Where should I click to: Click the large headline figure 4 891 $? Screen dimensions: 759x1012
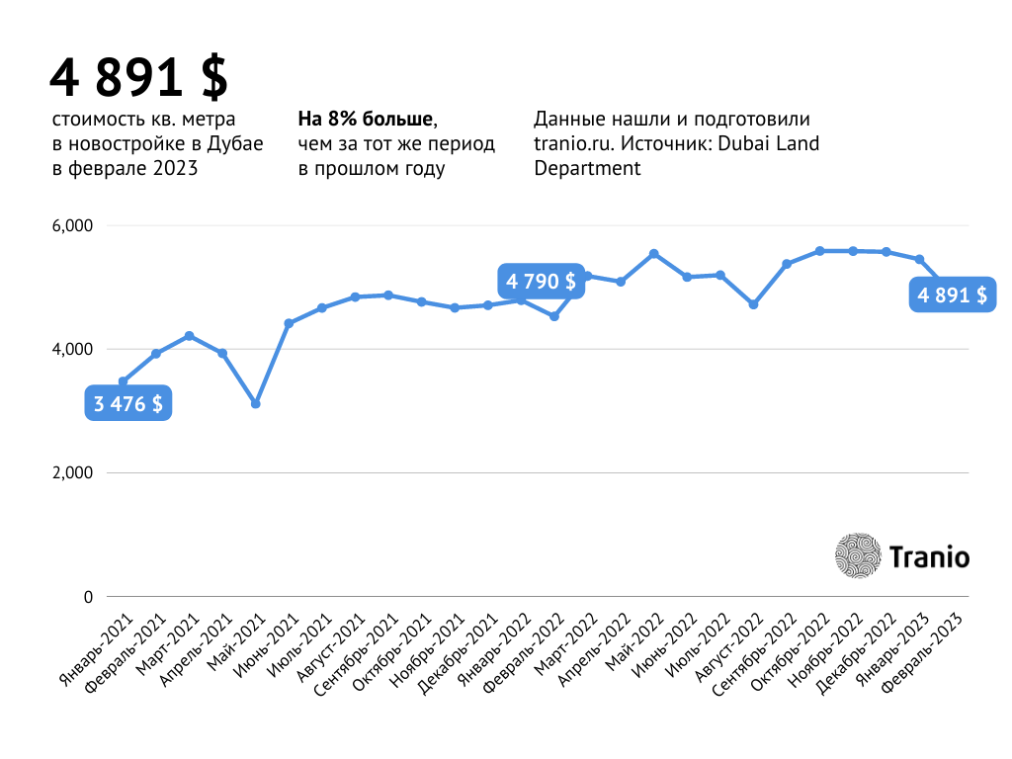[x=139, y=78]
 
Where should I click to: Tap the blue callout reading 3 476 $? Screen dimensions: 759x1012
[x=128, y=403]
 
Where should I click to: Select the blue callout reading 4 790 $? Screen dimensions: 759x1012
[x=541, y=282]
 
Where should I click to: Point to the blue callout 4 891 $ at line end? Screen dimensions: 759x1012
[x=952, y=295]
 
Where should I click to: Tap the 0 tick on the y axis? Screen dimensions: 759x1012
[x=87, y=597]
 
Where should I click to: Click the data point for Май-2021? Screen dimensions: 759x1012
[x=256, y=403]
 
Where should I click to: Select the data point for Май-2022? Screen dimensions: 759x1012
[x=653, y=254]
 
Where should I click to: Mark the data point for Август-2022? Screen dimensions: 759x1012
[x=753, y=304]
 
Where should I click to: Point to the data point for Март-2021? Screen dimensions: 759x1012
[x=190, y=336]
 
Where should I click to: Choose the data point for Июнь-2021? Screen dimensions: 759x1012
[x=289, y=323]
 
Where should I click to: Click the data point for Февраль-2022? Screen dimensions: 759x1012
[x=554, y=316]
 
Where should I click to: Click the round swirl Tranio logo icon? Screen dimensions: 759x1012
[x=857, y=556]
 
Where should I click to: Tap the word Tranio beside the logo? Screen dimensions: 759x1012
[x=929, y=557]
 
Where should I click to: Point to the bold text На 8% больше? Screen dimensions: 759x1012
[x=366, y=120]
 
